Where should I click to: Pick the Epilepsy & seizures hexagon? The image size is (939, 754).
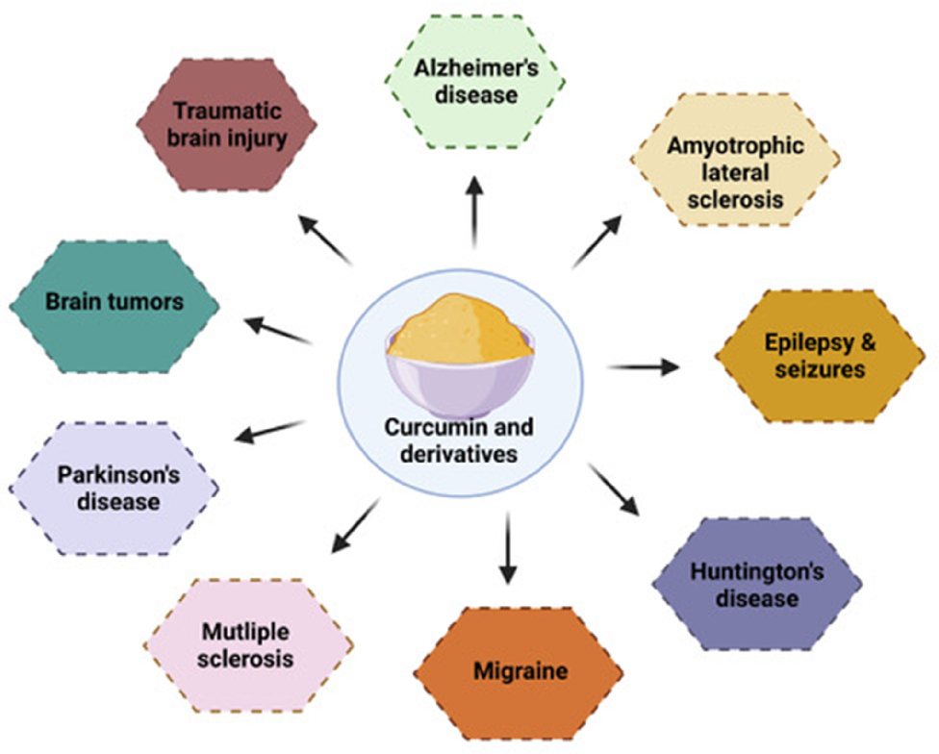[820, 357]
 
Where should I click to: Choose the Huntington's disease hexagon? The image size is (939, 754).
[757, 585]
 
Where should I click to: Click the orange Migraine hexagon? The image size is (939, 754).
[519, 670]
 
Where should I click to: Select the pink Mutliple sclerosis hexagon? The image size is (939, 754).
[248, 645]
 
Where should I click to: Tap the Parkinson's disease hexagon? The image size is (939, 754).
[114, 488]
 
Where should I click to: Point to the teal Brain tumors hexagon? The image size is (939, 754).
[114, 303]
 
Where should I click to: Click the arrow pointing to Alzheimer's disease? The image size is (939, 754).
[473, 211]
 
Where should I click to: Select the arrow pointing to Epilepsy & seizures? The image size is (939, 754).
[643, 366]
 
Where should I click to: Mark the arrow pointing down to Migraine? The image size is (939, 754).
[507, 547]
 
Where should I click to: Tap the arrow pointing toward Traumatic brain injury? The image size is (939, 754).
[324, 239]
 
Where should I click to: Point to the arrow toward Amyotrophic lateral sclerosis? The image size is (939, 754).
[597, 242]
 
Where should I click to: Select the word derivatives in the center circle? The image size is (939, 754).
[459, 452]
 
